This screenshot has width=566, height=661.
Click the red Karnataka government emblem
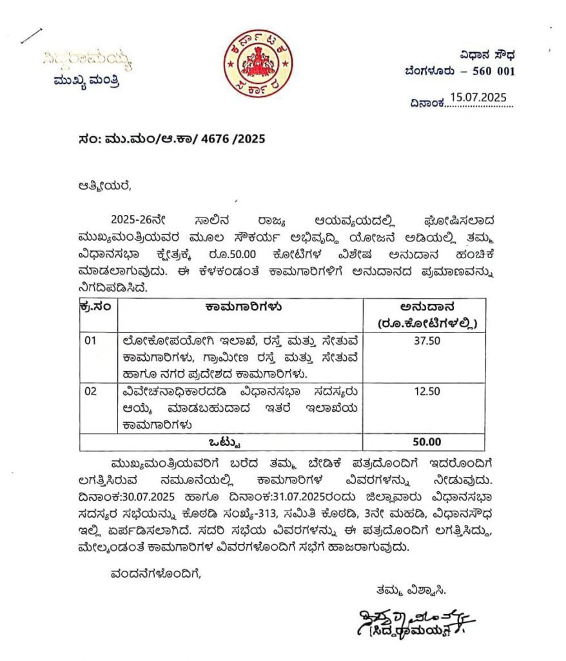click(257, 63)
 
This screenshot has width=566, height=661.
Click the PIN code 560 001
click(493, 71)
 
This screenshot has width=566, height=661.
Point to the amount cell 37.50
click(424, 341)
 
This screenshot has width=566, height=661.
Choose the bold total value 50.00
click(424, 442)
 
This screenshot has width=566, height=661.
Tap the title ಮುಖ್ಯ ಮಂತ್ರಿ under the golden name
click(86, 81)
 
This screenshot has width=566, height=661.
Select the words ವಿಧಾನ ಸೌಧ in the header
click(487, 54)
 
